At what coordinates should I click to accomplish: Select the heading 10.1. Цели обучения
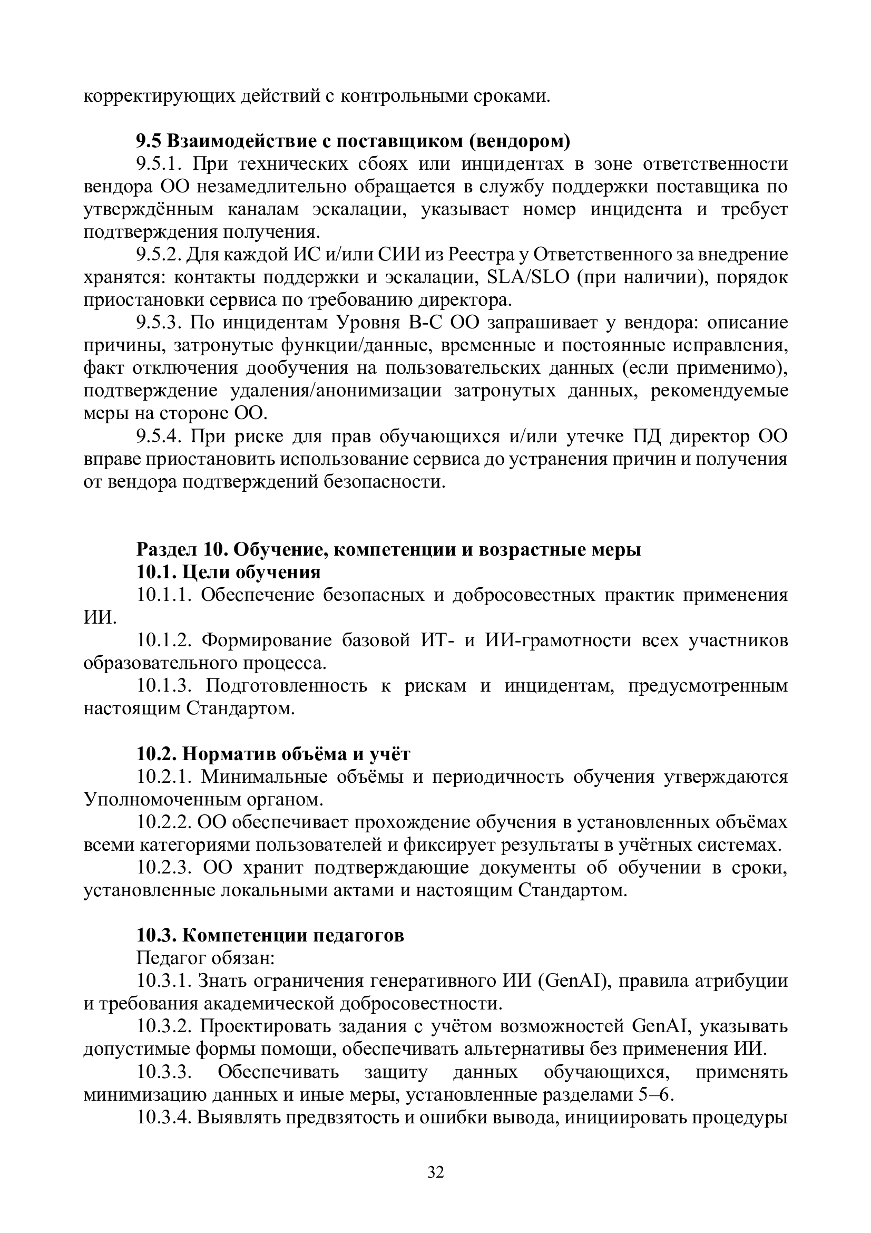[228, 572]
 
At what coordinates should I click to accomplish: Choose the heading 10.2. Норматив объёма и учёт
[273, 754]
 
